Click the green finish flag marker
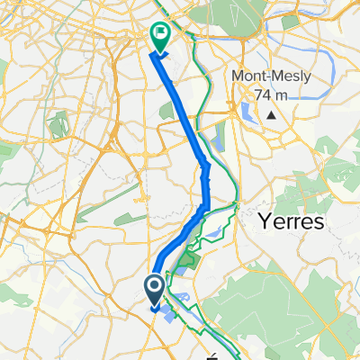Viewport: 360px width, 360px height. tap(160, 35)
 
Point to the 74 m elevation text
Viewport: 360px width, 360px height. tap(272, 94)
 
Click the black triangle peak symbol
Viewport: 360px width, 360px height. tap(271, 114)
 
